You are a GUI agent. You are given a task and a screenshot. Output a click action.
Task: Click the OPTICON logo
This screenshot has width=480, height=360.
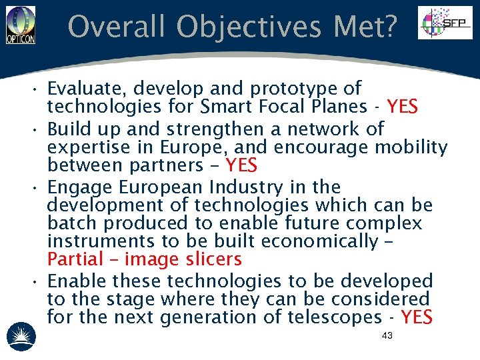pos(20,25)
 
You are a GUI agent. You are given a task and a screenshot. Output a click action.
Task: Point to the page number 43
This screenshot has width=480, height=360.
pos(387,335)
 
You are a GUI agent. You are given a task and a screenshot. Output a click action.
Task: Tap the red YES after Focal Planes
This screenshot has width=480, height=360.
pos(402,107)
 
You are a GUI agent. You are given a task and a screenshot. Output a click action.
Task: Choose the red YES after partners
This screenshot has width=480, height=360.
pos(241,165)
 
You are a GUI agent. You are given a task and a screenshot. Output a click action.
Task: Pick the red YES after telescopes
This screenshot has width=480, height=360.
pos(417,317)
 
